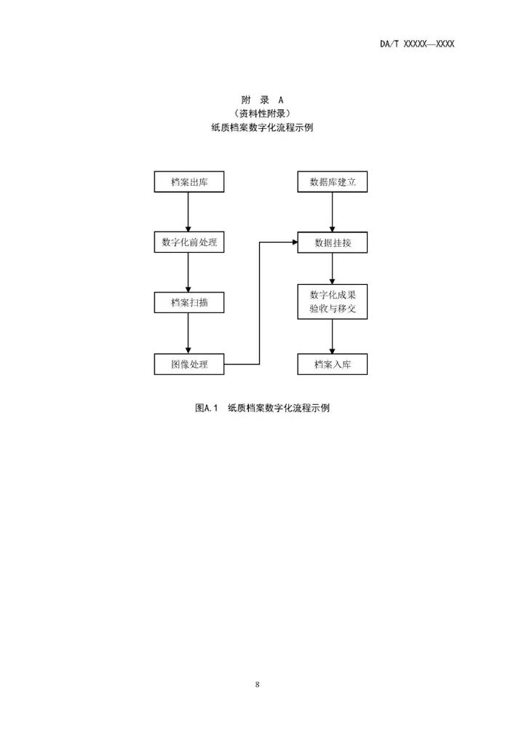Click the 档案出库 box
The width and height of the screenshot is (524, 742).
point(189,181)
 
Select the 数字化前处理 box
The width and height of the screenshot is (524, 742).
point(189,242)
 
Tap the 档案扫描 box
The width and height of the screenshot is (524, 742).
point(189,303)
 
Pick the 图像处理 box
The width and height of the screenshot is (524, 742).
point(189,364)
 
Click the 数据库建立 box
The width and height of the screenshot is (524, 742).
point(333,181)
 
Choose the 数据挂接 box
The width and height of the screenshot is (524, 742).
point(333,242)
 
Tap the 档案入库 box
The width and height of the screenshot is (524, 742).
point(333,364)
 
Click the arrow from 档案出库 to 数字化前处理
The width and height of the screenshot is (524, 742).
point(189,212)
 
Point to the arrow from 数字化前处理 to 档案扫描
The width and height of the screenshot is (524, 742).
point(189,273)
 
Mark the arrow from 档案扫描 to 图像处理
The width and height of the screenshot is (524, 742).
point(189,334)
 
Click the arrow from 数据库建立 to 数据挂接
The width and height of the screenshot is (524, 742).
point(333,212)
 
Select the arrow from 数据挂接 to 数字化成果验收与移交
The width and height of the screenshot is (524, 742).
point(333,269)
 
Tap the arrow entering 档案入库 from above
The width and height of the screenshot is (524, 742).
point(333,337)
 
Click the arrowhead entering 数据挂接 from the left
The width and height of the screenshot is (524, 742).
point(293,242)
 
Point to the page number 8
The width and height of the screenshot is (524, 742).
point(258,684)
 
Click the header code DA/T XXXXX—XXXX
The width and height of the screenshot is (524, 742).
point(417,44)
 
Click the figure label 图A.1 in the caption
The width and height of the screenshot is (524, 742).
point(207,409)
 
